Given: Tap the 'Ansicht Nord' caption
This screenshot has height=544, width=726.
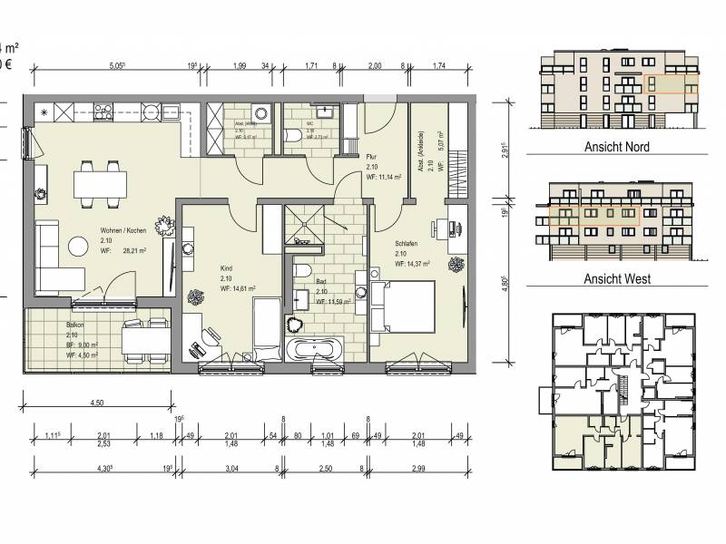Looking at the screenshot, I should click(x=619, y=146).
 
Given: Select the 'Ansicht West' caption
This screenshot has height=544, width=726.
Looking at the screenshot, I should click(x=619, y=279).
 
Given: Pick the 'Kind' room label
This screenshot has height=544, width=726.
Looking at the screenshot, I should click(x=228, y=269).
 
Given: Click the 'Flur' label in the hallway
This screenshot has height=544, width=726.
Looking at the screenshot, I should click(x=371, y=156).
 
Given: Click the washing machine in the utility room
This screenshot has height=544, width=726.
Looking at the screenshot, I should click(x=261, y=113).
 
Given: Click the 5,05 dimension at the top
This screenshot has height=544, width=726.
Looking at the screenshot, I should click(x=116, y=65).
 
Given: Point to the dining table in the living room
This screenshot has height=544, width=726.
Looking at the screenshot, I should click(x=99, y=184).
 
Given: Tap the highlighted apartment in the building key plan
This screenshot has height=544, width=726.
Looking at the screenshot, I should click(x=591, y=444).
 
